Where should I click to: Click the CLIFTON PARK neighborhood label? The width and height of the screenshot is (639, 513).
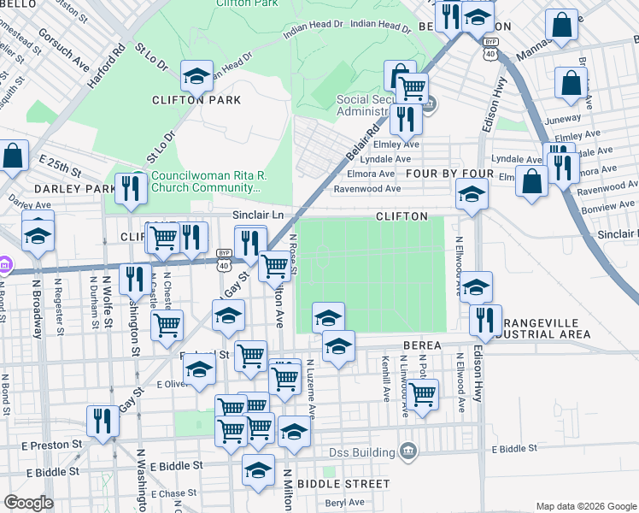point(196,100)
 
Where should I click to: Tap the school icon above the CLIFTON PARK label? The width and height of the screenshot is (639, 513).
point(196,76)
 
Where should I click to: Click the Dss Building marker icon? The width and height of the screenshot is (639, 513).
point(408,451)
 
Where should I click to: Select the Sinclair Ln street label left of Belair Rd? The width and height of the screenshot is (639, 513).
point(258,215)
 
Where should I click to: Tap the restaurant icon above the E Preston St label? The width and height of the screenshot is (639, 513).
point(103,421)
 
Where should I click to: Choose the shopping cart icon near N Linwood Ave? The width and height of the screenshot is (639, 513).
point(422,394)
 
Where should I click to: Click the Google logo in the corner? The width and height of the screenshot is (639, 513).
point(28,503)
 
